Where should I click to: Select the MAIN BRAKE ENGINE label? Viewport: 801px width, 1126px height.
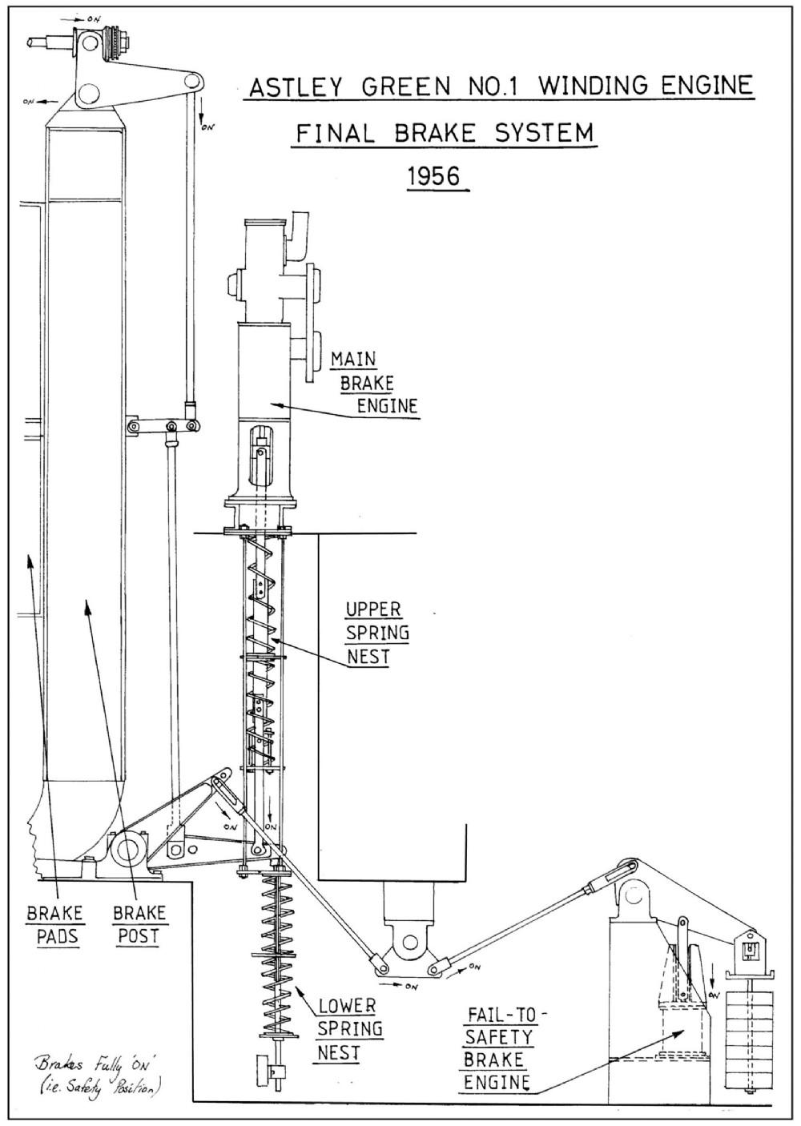[375, 383]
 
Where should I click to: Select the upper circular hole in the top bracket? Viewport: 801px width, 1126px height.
[90, 44]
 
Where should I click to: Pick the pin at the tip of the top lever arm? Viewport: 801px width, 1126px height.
[191, 80]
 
